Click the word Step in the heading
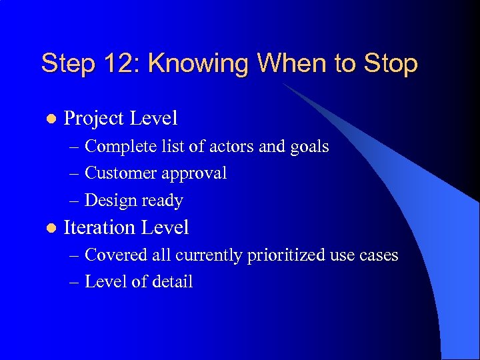(x=69, y=64)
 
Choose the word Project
(x=93, y=119)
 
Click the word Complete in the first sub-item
(x=120, y=146)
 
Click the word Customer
(x=121, y=173)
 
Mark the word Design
(x=109, y=200)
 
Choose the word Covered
(x=115, y=255)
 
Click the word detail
(x=173, y=282)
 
